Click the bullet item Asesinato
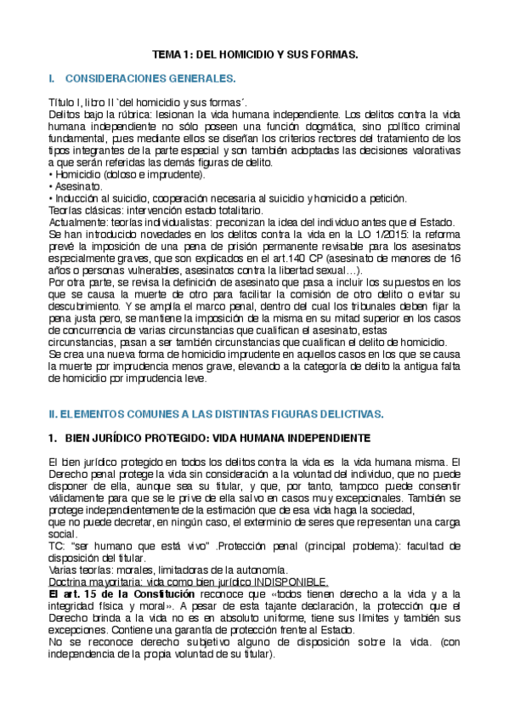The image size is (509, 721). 77,185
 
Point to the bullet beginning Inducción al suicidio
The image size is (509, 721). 93,198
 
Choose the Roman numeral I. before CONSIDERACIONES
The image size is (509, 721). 53,78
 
